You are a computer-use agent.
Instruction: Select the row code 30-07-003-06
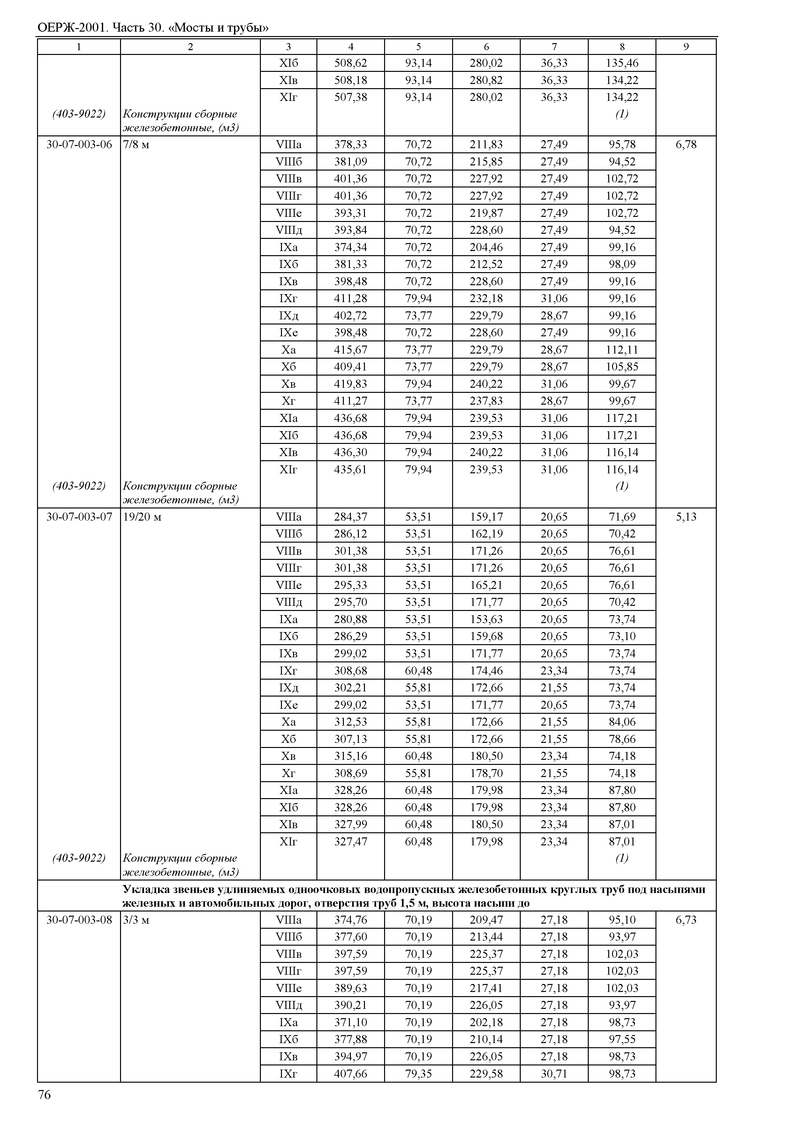pos(79,144)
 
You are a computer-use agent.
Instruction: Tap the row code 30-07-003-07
pos(79,517)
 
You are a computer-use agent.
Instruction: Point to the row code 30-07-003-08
pos(79,920)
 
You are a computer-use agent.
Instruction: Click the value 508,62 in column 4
pos(351,63)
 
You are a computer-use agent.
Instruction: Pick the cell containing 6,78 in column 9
pos(686,144)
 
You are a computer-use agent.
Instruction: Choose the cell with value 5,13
pos(686,517)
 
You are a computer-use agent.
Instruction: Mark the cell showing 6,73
pos(686,920)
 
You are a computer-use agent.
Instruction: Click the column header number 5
pos(419,47)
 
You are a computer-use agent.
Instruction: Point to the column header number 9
pos(686,47)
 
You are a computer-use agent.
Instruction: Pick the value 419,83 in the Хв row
pos(351,384)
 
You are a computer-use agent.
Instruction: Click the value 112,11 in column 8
pos(622,350)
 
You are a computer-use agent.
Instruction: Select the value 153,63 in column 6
pos(486,619)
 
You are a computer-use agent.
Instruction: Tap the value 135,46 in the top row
pos(622,63)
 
